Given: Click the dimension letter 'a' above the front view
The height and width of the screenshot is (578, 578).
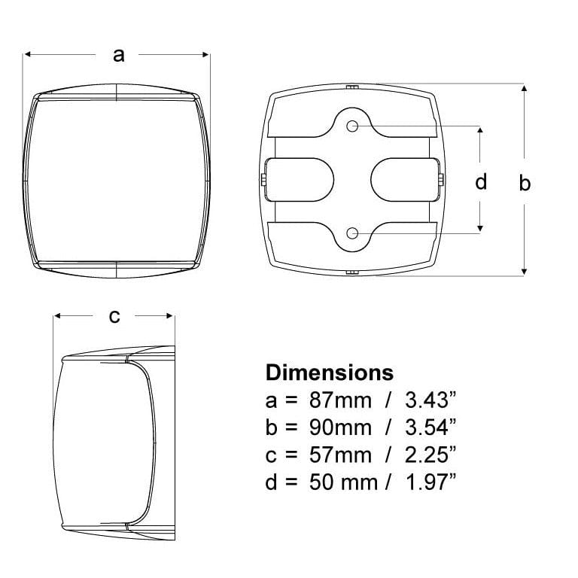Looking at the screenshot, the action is [119, 55].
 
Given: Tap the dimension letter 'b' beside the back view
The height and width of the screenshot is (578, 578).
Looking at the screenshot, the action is [524, 182].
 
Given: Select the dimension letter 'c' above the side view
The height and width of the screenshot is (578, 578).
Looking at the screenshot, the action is [114, 316].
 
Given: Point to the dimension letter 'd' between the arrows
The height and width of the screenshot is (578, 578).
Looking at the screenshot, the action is [481, 181].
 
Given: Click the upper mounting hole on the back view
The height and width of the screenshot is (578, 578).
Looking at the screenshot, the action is [352, 126].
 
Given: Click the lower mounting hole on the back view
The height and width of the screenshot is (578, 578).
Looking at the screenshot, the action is [352, 233].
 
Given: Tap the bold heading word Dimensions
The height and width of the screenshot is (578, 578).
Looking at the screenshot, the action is [330, 373].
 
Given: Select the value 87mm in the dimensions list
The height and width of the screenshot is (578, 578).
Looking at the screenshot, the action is [340, 400].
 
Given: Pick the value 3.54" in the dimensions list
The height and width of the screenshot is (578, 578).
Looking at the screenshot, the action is [430, 427].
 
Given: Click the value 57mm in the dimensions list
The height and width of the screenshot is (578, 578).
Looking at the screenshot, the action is [340, 455].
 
